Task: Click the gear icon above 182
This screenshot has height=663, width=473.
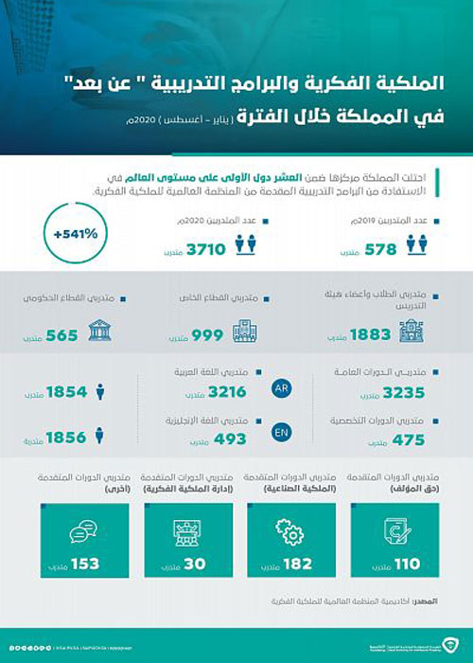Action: click(281, 528)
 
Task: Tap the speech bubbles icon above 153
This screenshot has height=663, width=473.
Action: click(73, 528)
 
